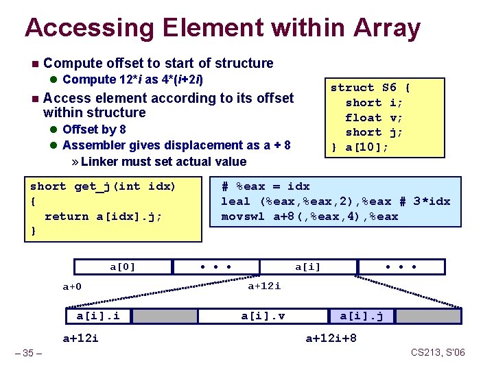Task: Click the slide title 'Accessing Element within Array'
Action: tap(222, 28)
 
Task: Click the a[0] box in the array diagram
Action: tap(123, 267)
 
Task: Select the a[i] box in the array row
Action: tap(307, 267)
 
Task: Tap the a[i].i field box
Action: tap(97, 316)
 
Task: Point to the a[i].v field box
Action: tap(263, 316)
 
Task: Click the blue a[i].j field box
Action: tap(366, 316)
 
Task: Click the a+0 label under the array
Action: tap(71, 286)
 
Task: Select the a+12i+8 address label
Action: tap(331, 338)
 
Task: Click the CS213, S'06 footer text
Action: tap(438, 352)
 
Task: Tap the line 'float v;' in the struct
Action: tap(374, 117)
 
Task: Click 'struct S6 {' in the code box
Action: tap(370, 87)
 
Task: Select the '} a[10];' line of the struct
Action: tap(360, 147)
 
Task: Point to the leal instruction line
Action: tap(335, 201)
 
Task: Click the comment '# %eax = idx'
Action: tap(266, 186)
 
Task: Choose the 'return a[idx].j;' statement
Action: tap(103, 217)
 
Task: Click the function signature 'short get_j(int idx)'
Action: tap(103, 186)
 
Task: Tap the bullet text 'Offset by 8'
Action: tap(94, 129)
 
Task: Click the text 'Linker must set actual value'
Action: tap(163, 162)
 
